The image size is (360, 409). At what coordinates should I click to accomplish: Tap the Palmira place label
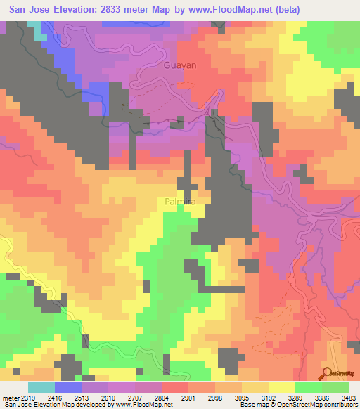pyautogui.click(x=179, y=202)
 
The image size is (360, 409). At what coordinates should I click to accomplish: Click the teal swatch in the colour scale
pyautogui.click(x=41, y=387)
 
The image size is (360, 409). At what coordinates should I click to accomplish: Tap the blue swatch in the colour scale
pyautogui.click(x=68, y=387)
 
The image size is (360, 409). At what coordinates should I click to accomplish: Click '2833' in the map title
pyautogui.click(x=120, y=10)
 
